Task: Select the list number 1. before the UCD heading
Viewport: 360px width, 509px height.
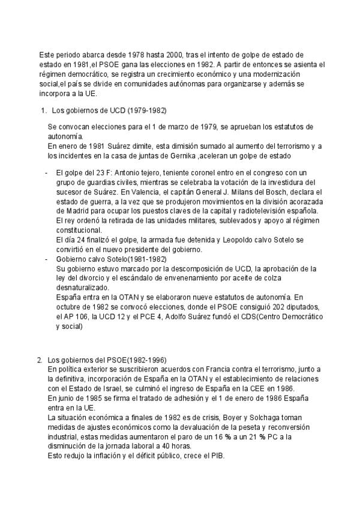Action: (43, 111)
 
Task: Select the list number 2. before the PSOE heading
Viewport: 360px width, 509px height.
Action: (40, 360)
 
